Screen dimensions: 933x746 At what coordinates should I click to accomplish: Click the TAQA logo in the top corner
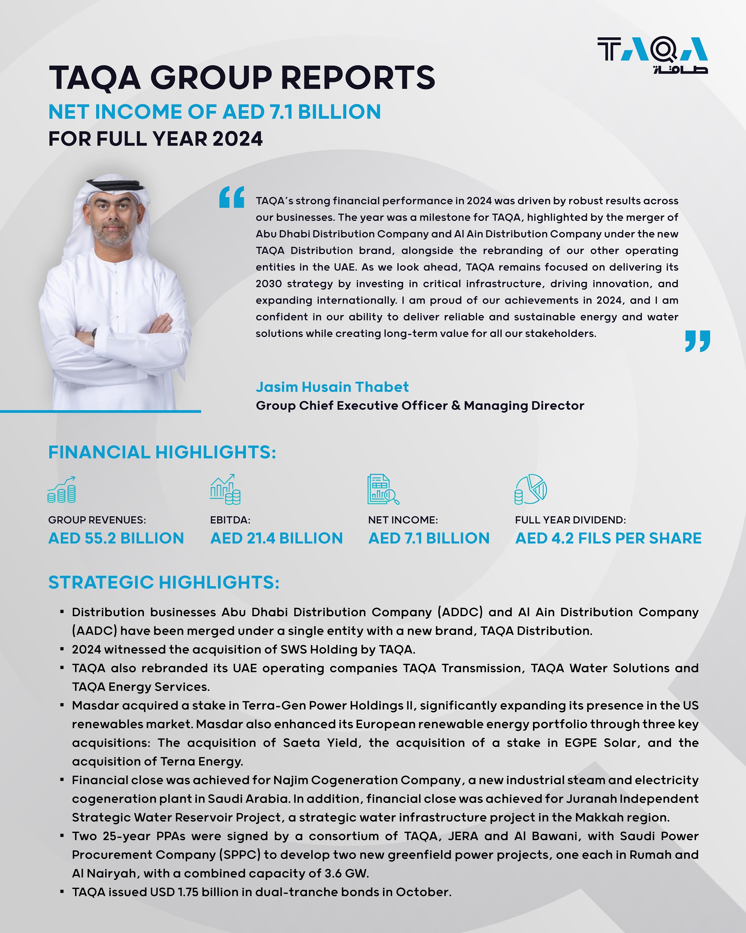(x=652, y=54)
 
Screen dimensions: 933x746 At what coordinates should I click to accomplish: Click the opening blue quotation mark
(x=231, y=197)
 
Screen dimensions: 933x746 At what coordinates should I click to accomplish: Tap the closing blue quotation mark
(x=697, y=341)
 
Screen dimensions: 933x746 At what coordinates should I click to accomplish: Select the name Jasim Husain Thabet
(x=332, y=387)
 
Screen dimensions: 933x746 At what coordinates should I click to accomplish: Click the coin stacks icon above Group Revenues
(x=62, y=490)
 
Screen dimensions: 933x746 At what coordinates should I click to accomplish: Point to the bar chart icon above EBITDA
(x=225, y=489)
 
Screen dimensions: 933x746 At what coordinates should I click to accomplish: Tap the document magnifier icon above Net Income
(x=383, y=489)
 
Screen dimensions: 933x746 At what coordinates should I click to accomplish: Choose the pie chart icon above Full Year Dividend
(x=531, y=489)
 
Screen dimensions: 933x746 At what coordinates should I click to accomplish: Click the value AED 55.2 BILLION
(x=116, y=538)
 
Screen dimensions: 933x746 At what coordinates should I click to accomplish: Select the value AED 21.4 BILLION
(x=276, y=538)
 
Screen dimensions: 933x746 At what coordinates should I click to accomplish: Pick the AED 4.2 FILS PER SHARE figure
(x=608, y=538)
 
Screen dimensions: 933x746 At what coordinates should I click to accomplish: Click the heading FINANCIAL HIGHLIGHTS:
(x=162, y=452)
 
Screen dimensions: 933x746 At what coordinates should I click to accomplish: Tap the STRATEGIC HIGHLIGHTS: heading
(x=163, y=583)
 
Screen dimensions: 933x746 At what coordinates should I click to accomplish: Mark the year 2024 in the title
(x=238, y=139)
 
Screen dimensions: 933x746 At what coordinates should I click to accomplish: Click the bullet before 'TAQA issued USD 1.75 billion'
(x=62, y=892)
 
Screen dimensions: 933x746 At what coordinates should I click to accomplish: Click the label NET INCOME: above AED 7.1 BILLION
(x=402, y=520)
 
